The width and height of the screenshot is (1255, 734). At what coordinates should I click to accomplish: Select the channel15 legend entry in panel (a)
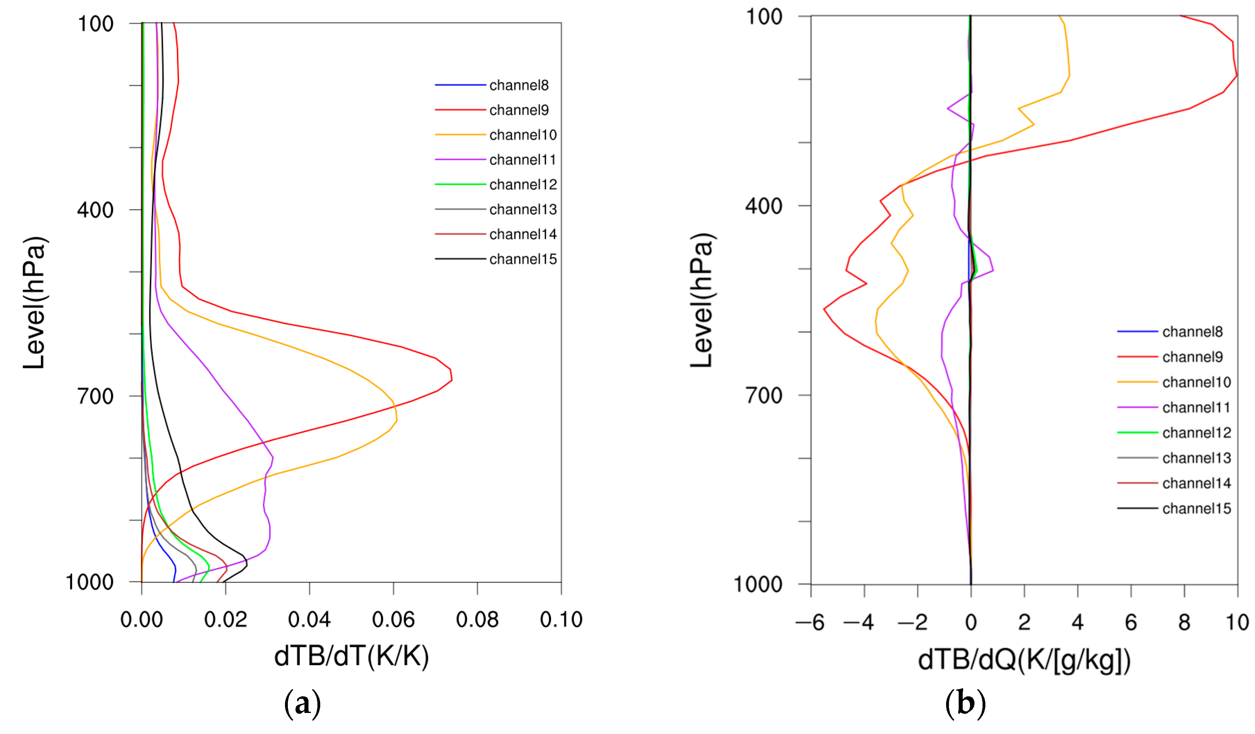522,259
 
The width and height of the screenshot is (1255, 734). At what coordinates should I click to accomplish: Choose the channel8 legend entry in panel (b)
1192,332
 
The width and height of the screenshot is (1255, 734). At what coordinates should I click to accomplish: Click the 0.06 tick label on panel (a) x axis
393,620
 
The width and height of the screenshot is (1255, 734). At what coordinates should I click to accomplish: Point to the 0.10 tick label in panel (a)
561,620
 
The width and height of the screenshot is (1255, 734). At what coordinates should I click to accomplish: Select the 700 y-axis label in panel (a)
96,396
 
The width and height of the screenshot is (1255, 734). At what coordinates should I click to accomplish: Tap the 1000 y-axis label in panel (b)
757,584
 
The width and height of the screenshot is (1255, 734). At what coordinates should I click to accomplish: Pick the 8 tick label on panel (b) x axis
1184,622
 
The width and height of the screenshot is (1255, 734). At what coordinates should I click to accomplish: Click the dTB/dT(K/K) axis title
351,656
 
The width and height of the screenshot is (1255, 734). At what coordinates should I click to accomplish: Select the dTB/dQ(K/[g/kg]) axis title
1024,660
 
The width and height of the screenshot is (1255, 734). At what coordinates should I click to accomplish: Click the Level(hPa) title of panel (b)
702,300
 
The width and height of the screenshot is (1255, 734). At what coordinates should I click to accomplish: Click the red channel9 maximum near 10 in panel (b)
1236,76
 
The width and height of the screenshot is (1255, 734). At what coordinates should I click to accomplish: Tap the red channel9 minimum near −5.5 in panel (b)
824,309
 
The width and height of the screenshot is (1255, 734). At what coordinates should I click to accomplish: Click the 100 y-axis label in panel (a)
96,24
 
